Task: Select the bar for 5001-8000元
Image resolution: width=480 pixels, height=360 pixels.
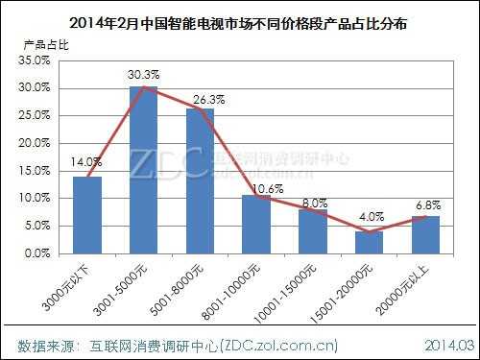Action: click(200, 182)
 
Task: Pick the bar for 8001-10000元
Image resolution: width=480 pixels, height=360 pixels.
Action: click(256, 226)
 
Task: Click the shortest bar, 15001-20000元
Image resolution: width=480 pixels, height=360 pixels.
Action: click(369, 243)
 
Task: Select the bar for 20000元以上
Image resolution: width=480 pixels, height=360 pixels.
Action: click(424, 235)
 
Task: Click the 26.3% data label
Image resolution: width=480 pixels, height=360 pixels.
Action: click(200, 98)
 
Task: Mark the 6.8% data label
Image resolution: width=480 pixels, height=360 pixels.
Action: click(425, 205)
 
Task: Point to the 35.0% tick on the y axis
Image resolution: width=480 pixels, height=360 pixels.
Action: click(35, 60)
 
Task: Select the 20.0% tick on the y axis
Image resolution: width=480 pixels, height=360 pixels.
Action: click(35, 143)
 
